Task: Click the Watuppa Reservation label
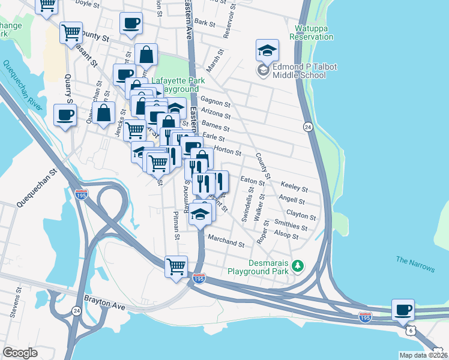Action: coord(311,32)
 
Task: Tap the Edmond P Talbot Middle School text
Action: coord(299,71)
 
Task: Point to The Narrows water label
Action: coord(415,263)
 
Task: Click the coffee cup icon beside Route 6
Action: coord(403,310)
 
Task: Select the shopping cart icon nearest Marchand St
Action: coord(176,266)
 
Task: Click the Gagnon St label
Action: coord(215,101)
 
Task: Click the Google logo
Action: coord(20,352)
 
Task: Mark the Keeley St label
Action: coord(294,188)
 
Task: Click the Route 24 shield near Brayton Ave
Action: coord(76,310)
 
